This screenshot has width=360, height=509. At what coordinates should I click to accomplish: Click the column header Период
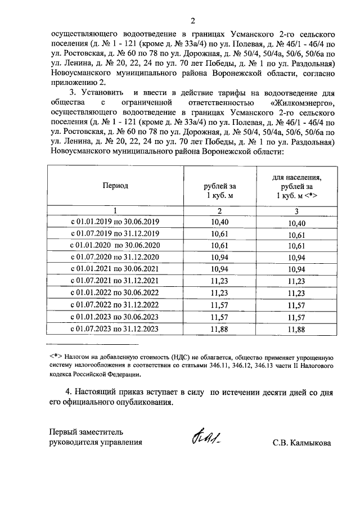(115, 185)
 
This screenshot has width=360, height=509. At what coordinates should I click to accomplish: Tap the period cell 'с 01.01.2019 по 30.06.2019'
(115, 223)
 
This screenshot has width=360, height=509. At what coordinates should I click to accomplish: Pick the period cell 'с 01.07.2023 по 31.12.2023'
(115, 329)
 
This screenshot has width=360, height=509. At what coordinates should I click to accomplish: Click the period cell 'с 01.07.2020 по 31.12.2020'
(115, 258)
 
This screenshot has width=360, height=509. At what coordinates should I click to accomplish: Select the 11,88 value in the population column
(291, 329)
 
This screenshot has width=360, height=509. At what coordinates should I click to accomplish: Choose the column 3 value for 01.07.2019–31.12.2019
(291, 235)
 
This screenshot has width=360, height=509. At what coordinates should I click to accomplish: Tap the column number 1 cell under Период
(115, 211)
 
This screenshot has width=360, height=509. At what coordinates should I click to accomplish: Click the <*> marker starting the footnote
(55, 357)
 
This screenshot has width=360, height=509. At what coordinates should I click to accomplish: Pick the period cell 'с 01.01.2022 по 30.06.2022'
(115, 294)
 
